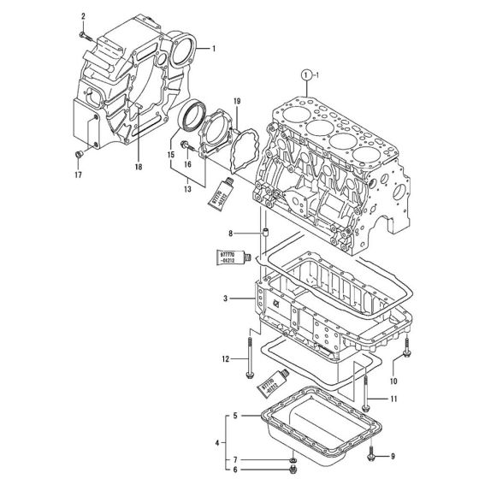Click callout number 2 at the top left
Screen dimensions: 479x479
(84, 16)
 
